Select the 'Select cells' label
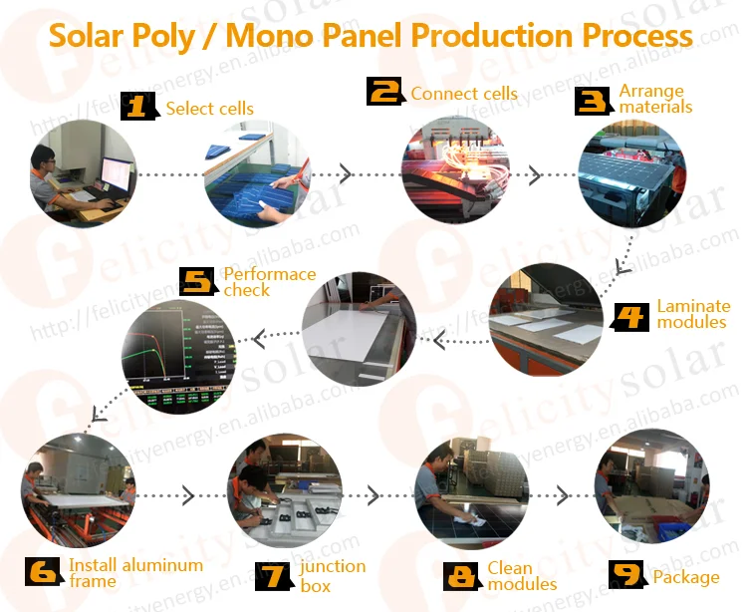click(209, 109)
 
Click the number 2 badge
click(385, 93)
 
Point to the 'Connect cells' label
click(464, 94)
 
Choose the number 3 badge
click(595, 100)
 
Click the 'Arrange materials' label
click(655, 99)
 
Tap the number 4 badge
click(629, 316)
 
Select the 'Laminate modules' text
click(692, 314)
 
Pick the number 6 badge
click(45, 572)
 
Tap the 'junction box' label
click(333, 576)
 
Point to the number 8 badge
click(462, 576)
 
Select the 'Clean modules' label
click(522, 576)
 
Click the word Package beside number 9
click(686, 577)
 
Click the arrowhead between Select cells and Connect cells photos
click(346, 174)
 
